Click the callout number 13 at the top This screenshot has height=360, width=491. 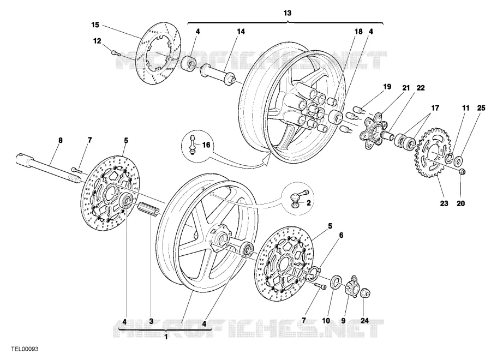[x=287, y=13]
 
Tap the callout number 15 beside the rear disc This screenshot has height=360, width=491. [x=95, y=25]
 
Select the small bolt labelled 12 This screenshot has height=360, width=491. [x=116, y=52]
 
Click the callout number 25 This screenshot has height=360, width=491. [x=481, y=108]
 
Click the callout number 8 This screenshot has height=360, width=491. [x=61, y=140]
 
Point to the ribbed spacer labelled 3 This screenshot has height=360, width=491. [x=149, y=208]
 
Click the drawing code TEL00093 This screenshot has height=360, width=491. [x=25, y=349]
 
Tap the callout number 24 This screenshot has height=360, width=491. [x=364, y=321]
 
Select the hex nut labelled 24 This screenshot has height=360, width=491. [x=365, y=293]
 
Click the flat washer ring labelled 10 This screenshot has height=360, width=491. [x=336, y=280]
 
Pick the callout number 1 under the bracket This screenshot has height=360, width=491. [x=166, y=337]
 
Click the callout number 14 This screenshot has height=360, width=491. [x=241, y=32]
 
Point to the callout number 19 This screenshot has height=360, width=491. [x=387, y=87]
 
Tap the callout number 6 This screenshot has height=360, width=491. [x=342, y=235]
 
